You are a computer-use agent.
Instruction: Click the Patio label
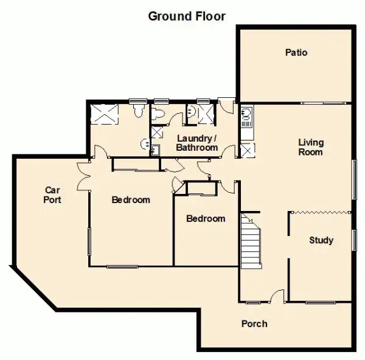point(296,52)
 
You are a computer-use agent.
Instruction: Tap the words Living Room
point(311,147)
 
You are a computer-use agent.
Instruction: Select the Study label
point(321,240)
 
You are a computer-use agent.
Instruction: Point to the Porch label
point(254,324)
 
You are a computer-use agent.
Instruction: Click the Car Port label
point(52,195)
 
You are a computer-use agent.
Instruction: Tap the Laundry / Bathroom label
point(197,143)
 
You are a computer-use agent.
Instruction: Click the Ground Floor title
point(187,16)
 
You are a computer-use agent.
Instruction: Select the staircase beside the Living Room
point(251,241)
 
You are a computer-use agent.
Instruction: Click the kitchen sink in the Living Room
point(247,116)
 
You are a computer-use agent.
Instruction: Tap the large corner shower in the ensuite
point(104,114)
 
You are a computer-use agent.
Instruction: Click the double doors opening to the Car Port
point(84,176)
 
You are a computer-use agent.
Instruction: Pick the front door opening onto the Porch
point(277,296)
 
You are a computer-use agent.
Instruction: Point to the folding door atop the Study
point(321,212)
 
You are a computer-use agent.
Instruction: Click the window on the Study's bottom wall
point(321,302)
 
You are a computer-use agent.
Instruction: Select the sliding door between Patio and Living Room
point(323,103)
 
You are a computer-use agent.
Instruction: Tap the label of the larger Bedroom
point(131,200)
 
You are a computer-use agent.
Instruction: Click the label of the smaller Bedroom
point(206,219)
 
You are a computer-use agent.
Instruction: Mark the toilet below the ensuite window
point(138,110)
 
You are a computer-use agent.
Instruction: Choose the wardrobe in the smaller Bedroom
point(202,189)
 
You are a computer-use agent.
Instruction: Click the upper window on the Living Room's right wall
point(354,179)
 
